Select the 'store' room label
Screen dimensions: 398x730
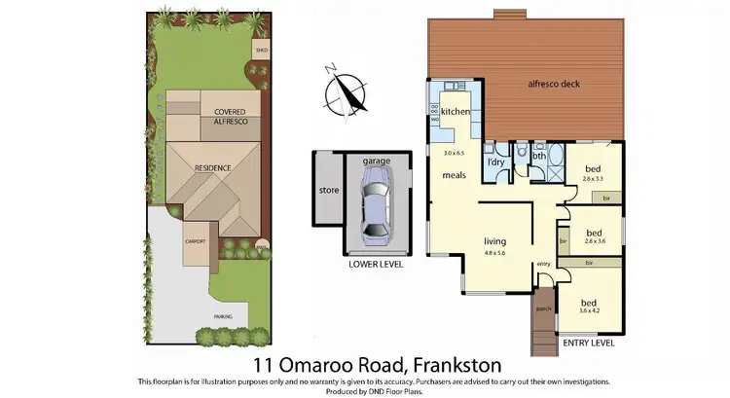[x=329, y=191]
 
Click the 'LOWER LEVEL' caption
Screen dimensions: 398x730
[x=376, y=264]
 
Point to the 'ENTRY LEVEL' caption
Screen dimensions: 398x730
[x=589, y=343]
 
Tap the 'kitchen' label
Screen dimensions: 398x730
[x=456, y=112]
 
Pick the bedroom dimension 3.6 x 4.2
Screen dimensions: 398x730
[x=590, y=311]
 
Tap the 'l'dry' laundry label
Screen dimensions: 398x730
[x=495, y=162]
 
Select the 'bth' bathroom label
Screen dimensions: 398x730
[x=539, y=155]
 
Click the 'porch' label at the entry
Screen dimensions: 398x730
[x=543, y=308]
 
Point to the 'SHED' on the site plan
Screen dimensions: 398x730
[x=261, y=49]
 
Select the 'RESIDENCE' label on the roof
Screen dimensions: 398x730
[x=213, y=168]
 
